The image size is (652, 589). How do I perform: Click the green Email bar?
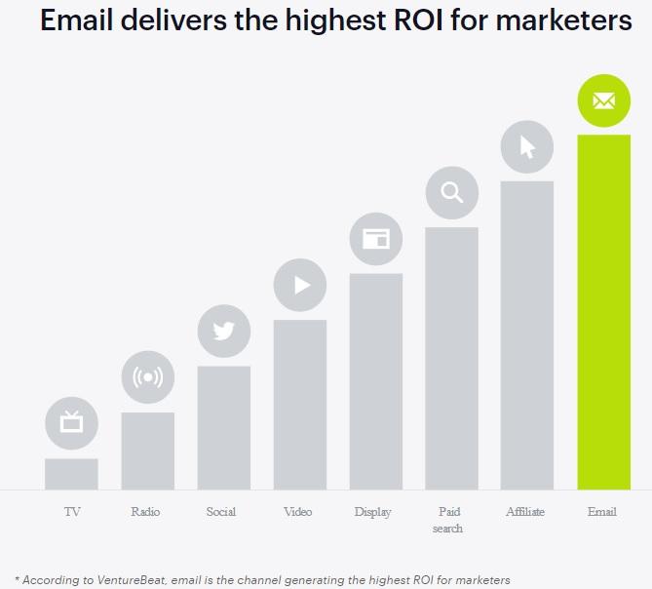603,312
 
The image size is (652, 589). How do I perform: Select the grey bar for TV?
71,474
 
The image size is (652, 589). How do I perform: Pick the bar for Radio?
147,451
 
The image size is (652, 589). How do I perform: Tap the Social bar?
223,427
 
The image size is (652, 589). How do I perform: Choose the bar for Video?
299,405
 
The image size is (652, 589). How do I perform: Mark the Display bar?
375,381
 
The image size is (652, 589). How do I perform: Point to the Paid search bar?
451,358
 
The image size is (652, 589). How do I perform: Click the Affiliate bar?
527,334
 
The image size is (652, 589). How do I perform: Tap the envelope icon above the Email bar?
603,100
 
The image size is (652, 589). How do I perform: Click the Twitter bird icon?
223,331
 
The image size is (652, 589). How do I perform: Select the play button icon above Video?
300,285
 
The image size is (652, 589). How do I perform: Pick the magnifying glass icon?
451,192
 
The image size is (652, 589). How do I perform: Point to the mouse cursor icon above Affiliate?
527,146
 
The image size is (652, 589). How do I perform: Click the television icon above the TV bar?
71,423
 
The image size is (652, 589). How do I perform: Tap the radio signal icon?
147,377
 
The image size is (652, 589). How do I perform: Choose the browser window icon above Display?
375,238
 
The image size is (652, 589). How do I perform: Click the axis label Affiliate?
526,512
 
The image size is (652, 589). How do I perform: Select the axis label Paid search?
448,520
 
